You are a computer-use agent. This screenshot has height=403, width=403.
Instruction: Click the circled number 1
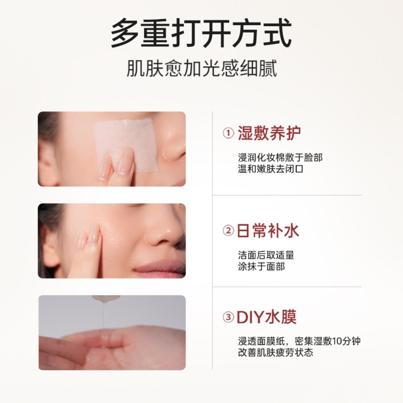[x=228, y=133]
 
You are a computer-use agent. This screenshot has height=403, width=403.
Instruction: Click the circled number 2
[x=228, y=230]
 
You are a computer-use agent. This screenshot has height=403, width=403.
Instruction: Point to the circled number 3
[x=228, y=318]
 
